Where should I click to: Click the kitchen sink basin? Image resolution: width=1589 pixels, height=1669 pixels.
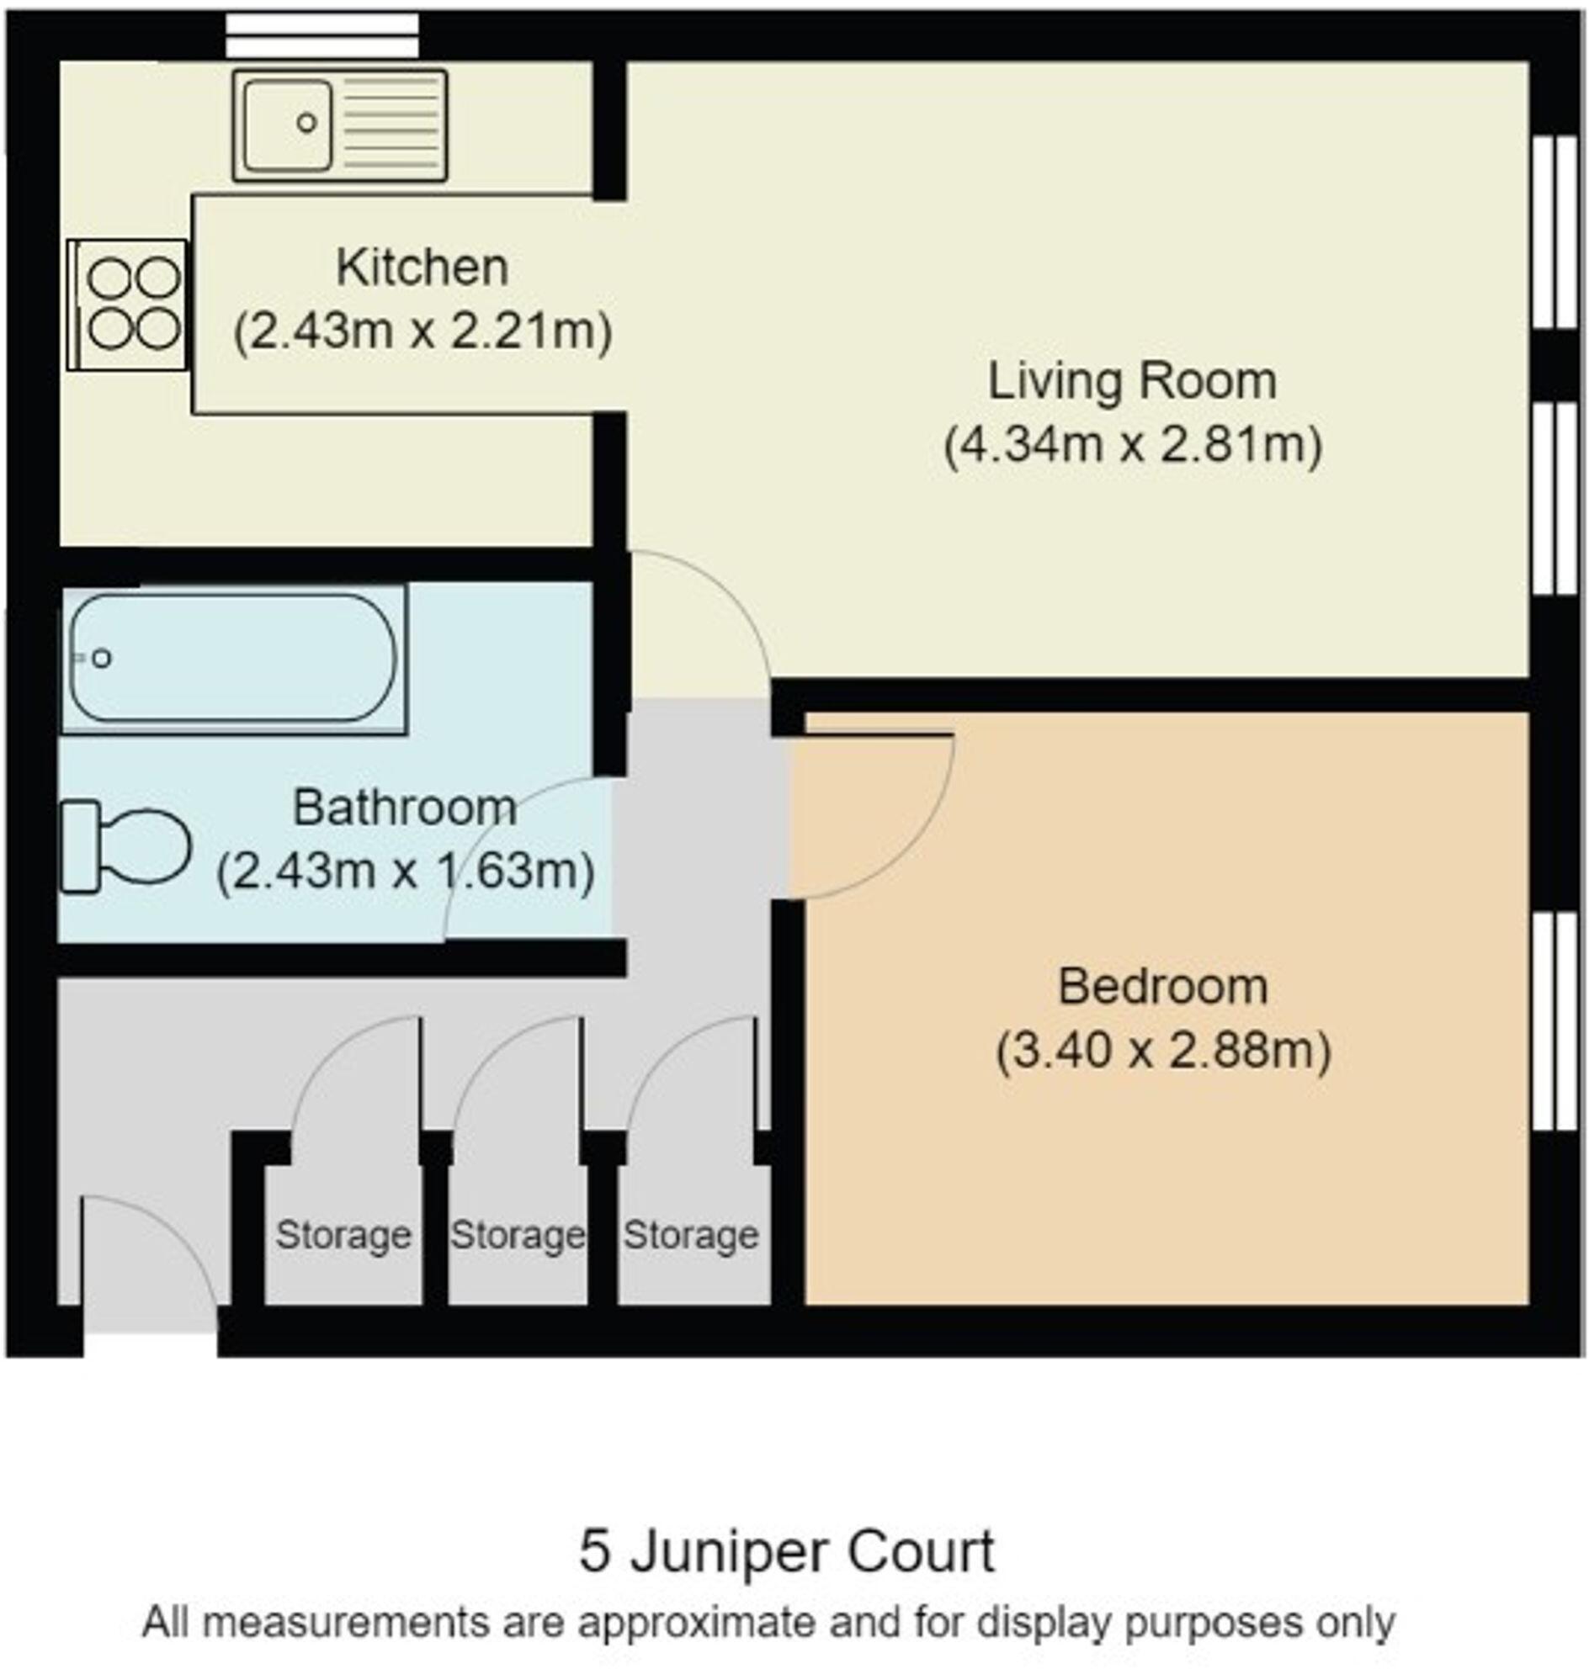[x=287, y=125]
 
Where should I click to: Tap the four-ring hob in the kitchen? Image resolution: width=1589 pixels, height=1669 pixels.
[x=127, y=305]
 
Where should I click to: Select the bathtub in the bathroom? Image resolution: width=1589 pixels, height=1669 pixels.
[x=234, y=658]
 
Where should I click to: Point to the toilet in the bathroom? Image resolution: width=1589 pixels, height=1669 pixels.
[x=125, y=846]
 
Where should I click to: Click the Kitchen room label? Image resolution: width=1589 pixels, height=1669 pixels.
[x=422, y=268]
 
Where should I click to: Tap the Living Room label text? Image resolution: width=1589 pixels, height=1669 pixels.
[x=1133, y=381]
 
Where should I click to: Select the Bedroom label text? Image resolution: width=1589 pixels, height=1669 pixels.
[x=1163, y=988]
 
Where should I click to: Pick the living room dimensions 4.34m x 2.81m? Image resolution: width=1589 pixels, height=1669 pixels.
[x=1133, y=444]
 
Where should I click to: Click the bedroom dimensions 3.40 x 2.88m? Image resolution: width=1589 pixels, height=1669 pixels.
[x=1163, y=1051]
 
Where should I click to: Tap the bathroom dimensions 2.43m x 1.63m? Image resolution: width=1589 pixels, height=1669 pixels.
[x=405, y=872]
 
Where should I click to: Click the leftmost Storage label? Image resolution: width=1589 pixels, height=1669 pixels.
[x=343, y=1236]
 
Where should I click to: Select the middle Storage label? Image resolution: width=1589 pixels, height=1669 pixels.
[x=517, y=1236]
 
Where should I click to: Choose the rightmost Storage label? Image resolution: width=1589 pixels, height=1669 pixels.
[x=690, y=1236]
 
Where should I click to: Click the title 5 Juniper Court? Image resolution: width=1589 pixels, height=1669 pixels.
[x=787, y=1552]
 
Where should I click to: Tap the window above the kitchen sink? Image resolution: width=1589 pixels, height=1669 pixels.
[x=322, y=35]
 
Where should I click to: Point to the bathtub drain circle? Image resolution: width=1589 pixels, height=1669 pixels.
[x=102, y=658]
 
